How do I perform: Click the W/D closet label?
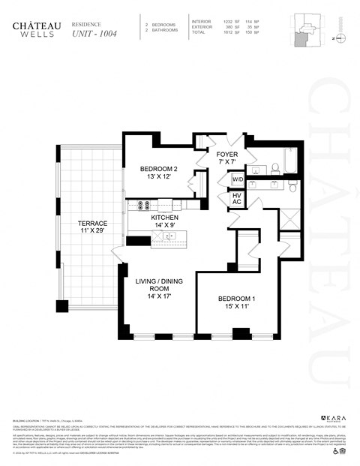(x=237, y=181)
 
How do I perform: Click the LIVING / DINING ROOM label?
(x=154, y=289)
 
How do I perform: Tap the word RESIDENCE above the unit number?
(x=85, y=23)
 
